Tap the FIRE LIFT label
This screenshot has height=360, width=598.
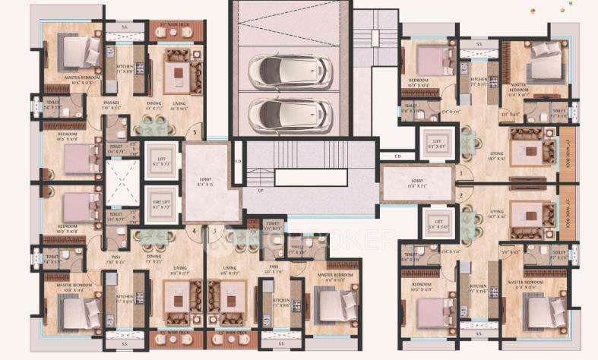click(161, 201)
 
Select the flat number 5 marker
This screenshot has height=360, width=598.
click(195, 133)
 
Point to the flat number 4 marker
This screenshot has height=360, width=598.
click(195, 230)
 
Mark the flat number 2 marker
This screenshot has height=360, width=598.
click(460, 197)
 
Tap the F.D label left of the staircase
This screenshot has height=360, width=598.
click(237, 161)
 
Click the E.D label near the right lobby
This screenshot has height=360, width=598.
click(397, 157)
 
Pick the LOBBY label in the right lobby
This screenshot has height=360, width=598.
click(419, 182)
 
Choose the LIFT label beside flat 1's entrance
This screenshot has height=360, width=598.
click(437, 141)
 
